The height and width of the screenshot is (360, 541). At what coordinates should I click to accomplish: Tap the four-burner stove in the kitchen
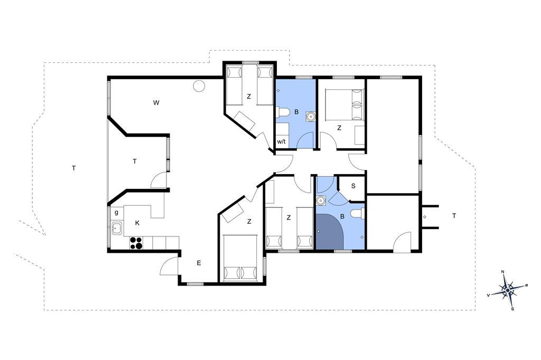click(136, 243)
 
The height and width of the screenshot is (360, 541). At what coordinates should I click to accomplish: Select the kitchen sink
click(117, 228)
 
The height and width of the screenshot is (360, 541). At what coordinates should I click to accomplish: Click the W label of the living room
click(156, 102)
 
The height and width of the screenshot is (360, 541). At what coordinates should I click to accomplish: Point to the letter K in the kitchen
click(137, 223)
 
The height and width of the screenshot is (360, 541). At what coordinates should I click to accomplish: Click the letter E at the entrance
click(199, 263)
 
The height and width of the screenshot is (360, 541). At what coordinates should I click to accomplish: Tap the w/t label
click(281, 141)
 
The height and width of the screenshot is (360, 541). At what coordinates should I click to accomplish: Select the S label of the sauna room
click(353, 186)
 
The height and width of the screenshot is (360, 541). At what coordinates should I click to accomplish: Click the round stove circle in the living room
click(199, 86)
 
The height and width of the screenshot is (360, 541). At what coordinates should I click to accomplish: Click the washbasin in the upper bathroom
click(311, 117)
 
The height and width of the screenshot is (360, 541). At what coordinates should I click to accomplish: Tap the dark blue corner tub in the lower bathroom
click(330, 231)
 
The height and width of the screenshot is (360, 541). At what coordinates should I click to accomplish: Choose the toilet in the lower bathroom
click(358, 214)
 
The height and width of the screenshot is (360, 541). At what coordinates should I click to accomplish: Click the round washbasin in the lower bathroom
click(322, 200)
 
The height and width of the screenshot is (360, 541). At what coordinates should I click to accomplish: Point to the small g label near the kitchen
click(117, 212)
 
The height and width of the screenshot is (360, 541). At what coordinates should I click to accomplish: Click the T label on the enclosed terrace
click(135, 161)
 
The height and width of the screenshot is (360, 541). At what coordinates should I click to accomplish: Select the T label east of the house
click(454, 216)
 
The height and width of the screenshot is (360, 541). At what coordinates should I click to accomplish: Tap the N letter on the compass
click(503, 272)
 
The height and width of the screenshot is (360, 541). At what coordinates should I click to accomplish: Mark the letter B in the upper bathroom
click(296, 112)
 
